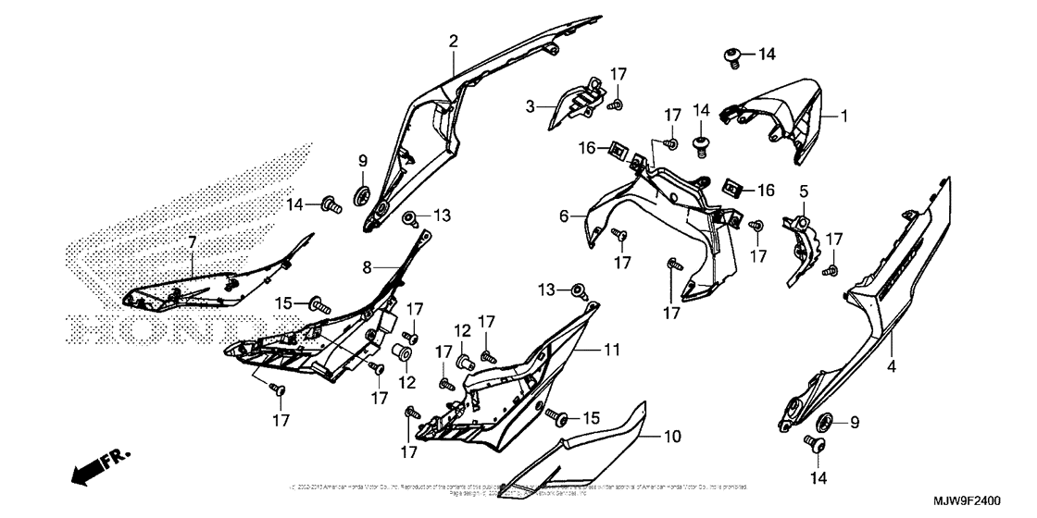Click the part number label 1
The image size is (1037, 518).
(844, 117)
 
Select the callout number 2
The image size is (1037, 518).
(454, 41)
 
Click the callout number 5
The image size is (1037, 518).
(804, 191)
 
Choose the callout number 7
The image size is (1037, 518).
(192, 243)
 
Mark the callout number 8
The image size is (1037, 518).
(367, 267)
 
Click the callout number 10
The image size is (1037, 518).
(672, 435)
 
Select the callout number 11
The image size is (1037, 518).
(611, 351)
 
